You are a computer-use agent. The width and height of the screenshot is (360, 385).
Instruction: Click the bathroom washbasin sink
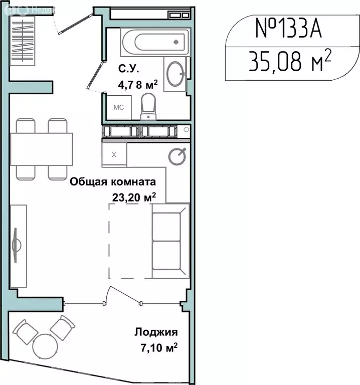(x=175, y=74)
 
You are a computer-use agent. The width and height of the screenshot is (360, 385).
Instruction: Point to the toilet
(x=149, y=107)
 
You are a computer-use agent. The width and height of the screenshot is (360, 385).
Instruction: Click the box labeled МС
(x=118, y=107)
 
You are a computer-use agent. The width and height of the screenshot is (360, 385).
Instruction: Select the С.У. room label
(x=126, y=68)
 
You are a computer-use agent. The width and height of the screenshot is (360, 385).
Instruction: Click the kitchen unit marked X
(x=114, y=154)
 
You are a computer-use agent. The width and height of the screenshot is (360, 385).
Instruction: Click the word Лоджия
(x=156, y=332)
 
